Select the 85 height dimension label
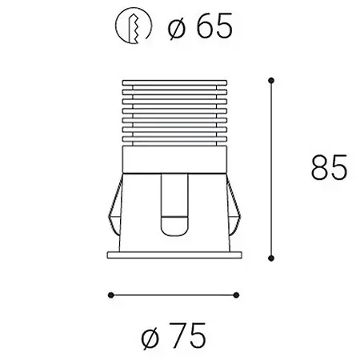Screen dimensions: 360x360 (x=329, y=169)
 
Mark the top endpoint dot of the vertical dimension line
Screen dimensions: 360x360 (x=272, y=79)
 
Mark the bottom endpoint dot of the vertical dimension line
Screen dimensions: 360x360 (x=272, y=258)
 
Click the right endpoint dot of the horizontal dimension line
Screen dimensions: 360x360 (x=238, y=293)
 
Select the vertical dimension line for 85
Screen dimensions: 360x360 (x=272, y=168)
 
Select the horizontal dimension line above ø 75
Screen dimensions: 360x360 (x=173, y=293)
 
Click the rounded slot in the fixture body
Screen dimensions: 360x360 (x=173, y=204)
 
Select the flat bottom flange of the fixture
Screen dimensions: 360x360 (x=173, y=255)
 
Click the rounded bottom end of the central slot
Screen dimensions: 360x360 (x=173, y=232)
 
